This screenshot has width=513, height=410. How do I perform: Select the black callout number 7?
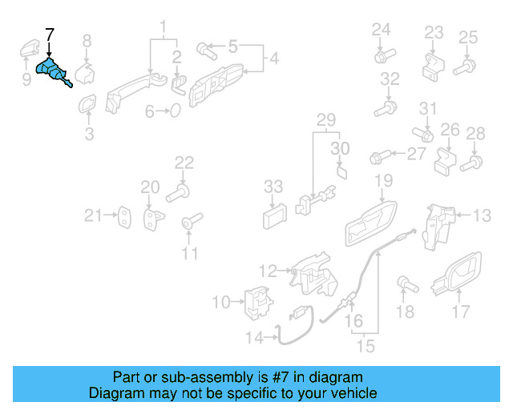[50, 34]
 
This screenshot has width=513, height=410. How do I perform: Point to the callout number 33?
[273, 187]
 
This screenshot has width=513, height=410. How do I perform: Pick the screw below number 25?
[463, 67]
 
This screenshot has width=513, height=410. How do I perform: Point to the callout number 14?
[253, 339]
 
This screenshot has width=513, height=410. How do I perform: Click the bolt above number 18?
[404, 283]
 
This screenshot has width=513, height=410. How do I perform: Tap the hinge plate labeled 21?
[124, 215]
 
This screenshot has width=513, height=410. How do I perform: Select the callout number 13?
[481, 215]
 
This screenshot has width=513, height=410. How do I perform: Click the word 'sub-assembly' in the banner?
[183, 377]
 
